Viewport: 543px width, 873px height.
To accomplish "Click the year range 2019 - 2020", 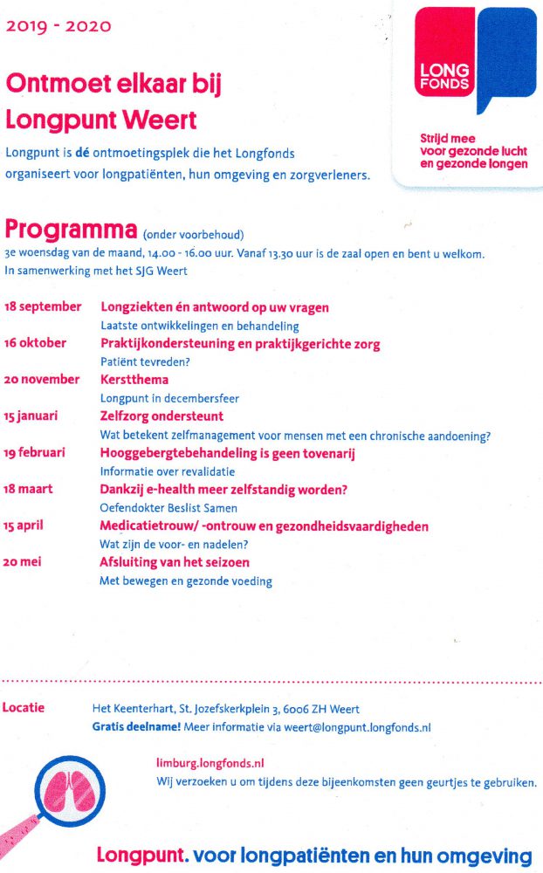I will [58, 26].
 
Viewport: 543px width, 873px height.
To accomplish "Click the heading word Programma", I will [71, 230].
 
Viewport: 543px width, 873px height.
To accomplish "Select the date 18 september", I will [44, 307].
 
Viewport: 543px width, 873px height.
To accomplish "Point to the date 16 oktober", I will [35, 343].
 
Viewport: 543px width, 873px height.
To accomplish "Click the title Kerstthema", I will [134, 380].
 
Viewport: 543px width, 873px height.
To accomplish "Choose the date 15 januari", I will [31, 416].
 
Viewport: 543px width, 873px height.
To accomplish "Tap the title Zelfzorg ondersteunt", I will [162, 416].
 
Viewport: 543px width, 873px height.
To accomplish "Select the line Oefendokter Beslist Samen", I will [168, 508].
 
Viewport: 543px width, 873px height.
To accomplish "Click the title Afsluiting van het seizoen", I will [175, 563].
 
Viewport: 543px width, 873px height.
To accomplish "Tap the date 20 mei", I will [22, 563].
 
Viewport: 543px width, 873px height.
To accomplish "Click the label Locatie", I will [24, 707].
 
